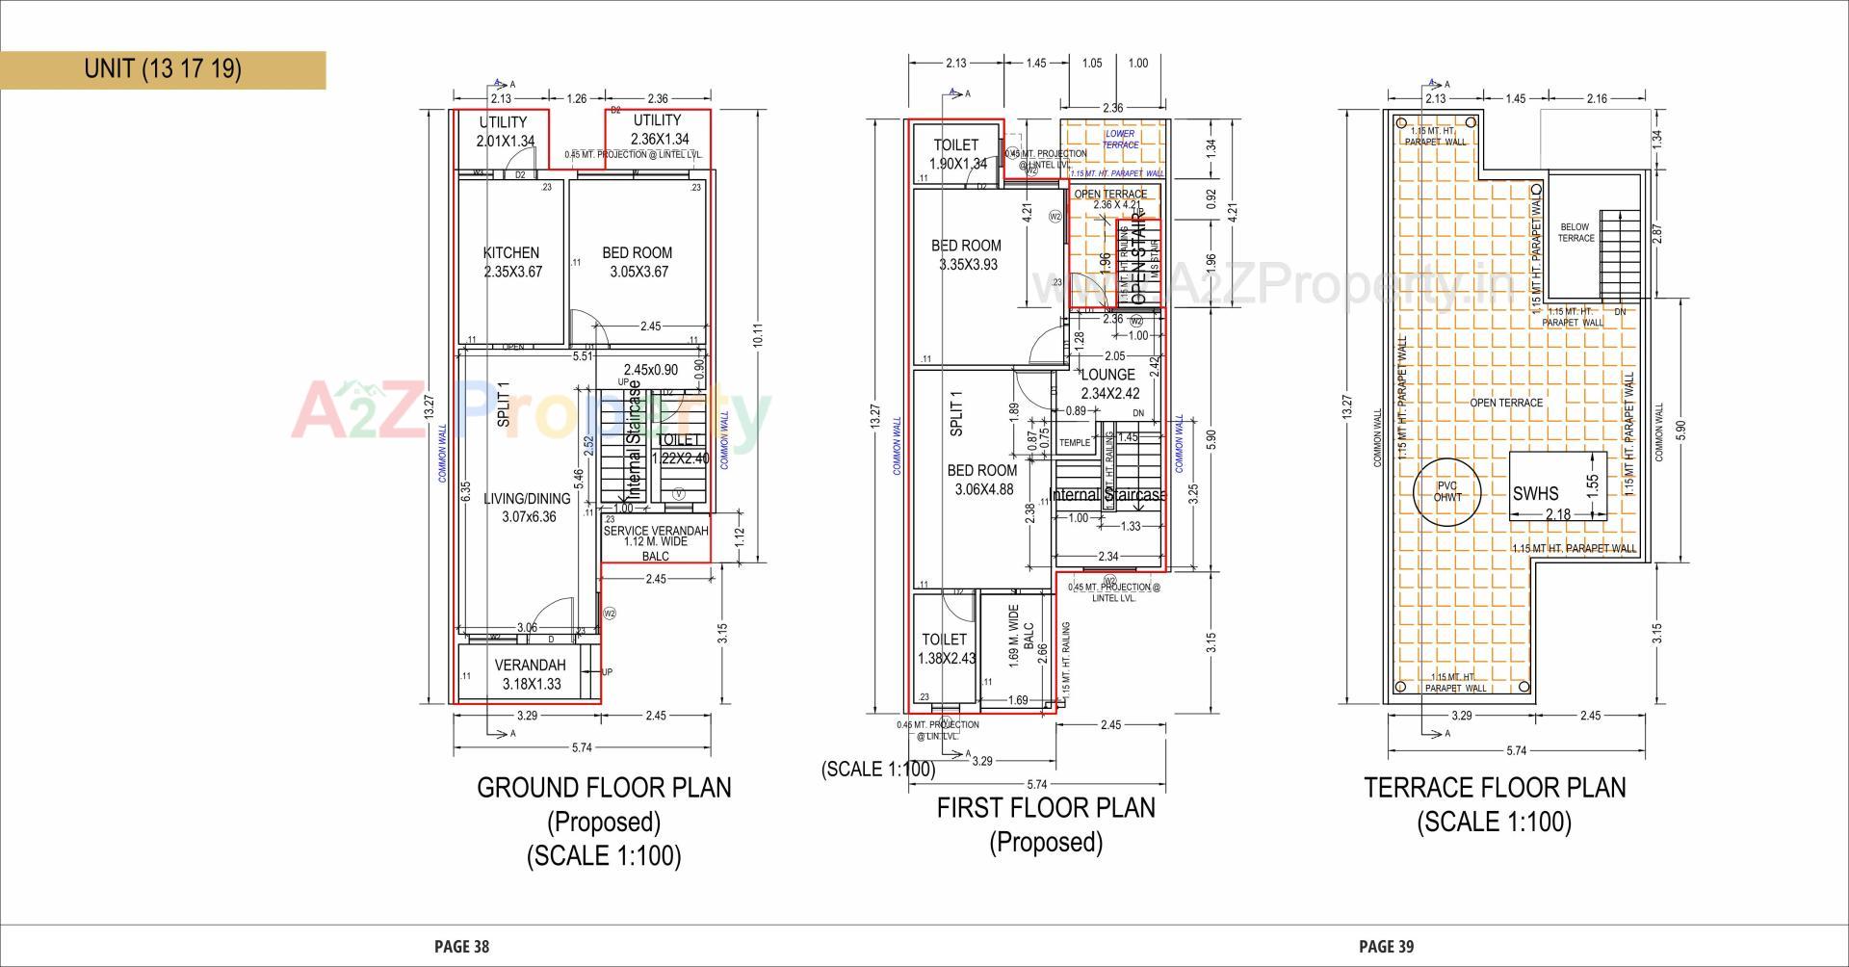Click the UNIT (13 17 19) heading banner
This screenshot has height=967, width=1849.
coord(163,69)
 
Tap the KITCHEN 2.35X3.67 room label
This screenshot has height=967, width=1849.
coord(511,262)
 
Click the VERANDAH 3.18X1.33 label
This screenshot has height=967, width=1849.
coord(531,674)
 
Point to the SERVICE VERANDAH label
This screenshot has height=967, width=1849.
coord(656,531)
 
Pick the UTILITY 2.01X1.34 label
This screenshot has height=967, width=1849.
coord(504,131)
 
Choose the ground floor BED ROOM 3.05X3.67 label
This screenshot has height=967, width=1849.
coord(638,262)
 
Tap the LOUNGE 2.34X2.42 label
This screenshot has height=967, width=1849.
coord(1109,384)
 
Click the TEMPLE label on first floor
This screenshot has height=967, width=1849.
coord(1075,443)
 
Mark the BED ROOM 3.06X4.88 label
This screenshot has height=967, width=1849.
coord(982,480)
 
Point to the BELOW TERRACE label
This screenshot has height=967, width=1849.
coord(1576,232)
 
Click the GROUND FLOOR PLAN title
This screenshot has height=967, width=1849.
coord(604,788)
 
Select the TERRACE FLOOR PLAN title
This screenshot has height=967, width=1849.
coord(1495,788)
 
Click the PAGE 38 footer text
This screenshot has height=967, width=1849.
coord(462,947)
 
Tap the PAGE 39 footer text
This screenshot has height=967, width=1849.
coord(1387,947)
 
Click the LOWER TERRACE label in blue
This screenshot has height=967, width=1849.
coord(1120,140)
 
